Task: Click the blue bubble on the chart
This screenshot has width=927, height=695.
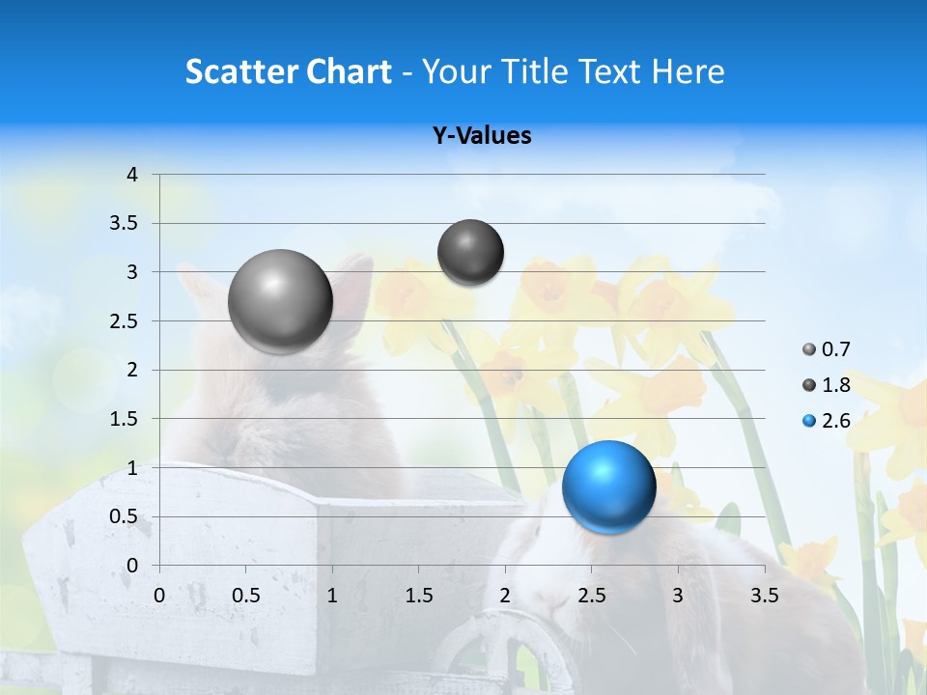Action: pyautogui.click(x=608, y=486)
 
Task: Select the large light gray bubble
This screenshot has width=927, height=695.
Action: pyautogui.click(x=280, y=301)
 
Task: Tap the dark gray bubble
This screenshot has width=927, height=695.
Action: pyautogui.click(x=470, y=252)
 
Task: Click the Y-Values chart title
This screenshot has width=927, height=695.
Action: pyautogui.click(x=482, y=136)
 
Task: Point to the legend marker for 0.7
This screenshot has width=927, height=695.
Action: pyautogui.click(x=808, y=349)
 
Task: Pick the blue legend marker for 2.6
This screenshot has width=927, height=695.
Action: pyautogui.click(x=808, y=421)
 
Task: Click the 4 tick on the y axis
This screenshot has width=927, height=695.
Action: pyautogui.click(x=132, y=175)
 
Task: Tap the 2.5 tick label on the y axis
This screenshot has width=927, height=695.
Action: pyautogui.click(x=126, y=321)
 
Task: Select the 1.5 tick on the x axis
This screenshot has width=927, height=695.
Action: pyautogui.click(x=419, y=596)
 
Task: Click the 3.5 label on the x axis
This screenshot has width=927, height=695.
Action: pyautogui.click(x=764, y=596)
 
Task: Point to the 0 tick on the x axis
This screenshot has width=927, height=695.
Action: pyautogui.click(x=159, y=596)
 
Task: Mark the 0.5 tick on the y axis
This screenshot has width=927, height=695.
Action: pyautogui.click(x=126, y=516)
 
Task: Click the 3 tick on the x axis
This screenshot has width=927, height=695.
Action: pyautogui.click(x=678, y=596)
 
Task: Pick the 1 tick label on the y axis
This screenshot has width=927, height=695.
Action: pyautogui.click(x=132, y=468)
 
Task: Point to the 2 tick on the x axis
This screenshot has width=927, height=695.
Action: pyautogui.click(x=505, y=596)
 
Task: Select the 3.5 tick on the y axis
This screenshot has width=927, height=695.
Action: pyautogui.click(x=126, y=224)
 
